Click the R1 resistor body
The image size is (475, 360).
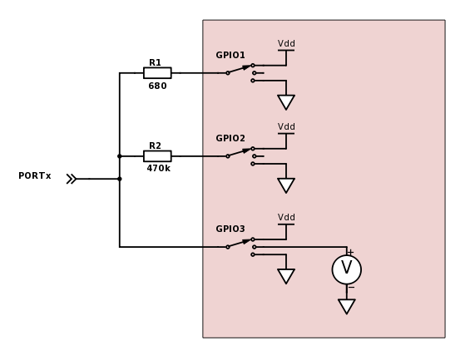coord(157,73)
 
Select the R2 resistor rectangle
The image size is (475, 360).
coord(157,156)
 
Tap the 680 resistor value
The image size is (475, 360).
coord(157,86)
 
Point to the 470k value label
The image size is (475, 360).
coord(158,168)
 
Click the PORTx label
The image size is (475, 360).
coord(35,175)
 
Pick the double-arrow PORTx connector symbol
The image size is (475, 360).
coord(72,179)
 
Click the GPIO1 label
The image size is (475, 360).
coord(230,55)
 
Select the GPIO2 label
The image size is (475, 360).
coord(230,138)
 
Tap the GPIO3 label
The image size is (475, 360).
coord(230,229)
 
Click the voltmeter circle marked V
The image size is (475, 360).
coord(347,269)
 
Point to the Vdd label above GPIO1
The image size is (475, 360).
coord(286,43)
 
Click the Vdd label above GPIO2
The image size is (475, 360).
coord(286,126)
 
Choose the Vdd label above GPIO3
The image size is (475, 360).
coord(286,217)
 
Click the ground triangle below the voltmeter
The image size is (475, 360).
coord(347,306)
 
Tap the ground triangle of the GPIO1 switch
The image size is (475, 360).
coord(286,101)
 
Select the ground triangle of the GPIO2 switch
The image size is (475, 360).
coord(286,185)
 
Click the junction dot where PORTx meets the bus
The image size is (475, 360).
coord(120,179)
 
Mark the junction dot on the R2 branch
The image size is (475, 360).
coord(120,156)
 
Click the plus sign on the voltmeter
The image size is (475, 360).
coord(350,252)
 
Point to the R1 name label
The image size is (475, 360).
coord(155,62)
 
